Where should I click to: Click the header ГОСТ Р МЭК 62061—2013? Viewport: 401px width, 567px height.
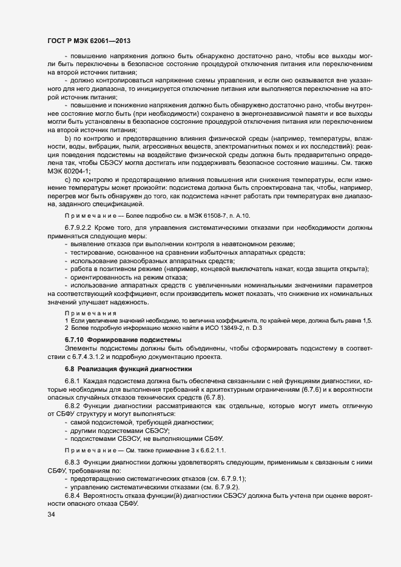[89, 40]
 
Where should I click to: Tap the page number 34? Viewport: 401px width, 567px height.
[51, 514]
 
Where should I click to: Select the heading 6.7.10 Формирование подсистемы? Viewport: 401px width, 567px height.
[123, 339]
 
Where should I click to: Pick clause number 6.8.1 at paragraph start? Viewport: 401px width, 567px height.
[73, 381]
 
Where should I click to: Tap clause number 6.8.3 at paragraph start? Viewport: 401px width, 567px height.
[73, 462]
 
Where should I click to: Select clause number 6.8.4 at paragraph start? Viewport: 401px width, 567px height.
[73, 495]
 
